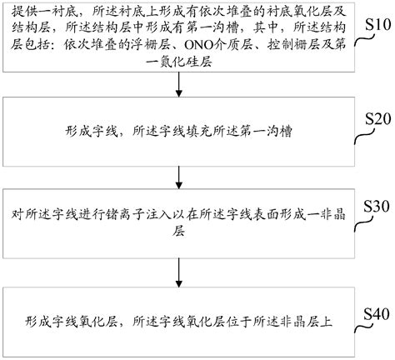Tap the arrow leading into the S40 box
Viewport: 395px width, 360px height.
pos(178,271)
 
